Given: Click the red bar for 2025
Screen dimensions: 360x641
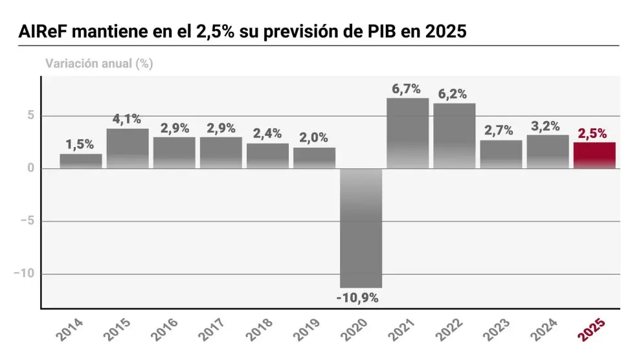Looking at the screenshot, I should (x=594, y=155).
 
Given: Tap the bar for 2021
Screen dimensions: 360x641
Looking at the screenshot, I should (x=407, y=133).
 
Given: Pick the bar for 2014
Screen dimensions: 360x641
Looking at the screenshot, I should (x=81, y=161).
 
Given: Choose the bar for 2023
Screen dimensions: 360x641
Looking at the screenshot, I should (x=500, y=155).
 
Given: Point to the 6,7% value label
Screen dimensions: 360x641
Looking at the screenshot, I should (x=407, y=89).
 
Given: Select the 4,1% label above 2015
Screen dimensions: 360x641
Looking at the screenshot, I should (x=127, y=119).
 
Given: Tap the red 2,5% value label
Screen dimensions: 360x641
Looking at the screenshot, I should (x=593, y=133).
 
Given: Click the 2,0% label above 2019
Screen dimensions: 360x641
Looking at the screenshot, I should (x=313, y=138).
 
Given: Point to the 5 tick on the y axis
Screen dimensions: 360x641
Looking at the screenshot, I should (x=29, y=116).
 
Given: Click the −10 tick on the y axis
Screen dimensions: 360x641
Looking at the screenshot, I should (x=23, y=274).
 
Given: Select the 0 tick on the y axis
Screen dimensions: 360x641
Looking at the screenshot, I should (x=29, y=168).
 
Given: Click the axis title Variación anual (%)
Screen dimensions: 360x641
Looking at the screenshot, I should (x=98, y=63).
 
